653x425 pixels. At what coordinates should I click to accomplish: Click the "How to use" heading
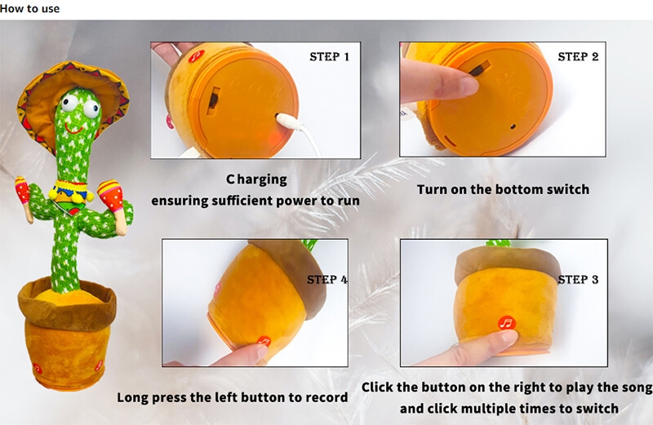[x=29, y=8]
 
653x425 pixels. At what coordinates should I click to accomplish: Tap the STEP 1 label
[x=330, y=56]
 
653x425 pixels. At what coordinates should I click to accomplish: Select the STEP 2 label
[x=578, y=56]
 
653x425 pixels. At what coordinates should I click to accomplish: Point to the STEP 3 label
[x=578, y=279]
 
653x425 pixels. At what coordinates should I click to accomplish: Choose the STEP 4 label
[x=327, y=279]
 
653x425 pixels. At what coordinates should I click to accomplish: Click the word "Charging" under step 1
[x=256, y=179]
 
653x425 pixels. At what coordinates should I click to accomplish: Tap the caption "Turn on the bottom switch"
[x=503, y=189]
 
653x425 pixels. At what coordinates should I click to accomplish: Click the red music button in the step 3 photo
[x=507, y=323]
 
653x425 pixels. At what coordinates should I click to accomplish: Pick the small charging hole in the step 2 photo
[x=513, y=126]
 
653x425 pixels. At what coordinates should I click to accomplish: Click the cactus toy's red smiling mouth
[x=73, y=130]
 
